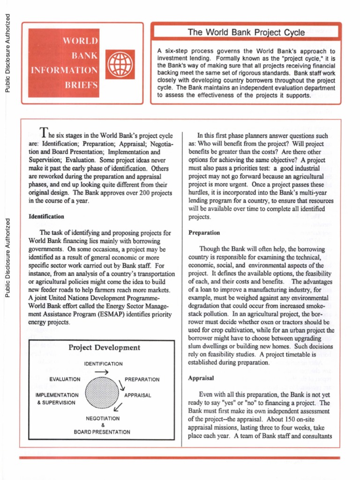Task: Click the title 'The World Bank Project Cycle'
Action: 246,32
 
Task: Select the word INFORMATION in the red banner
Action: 64,71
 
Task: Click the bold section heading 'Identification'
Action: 46,217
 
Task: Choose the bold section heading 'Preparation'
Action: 204,232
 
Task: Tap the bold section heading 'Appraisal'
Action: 201,378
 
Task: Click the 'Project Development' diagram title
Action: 104,347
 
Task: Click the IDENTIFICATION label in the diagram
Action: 103,364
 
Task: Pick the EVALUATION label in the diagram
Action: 65,379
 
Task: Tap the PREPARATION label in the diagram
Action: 142,380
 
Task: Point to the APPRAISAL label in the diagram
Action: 137,395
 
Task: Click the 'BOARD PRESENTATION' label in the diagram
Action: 102,432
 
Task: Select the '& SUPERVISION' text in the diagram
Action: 56,402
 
